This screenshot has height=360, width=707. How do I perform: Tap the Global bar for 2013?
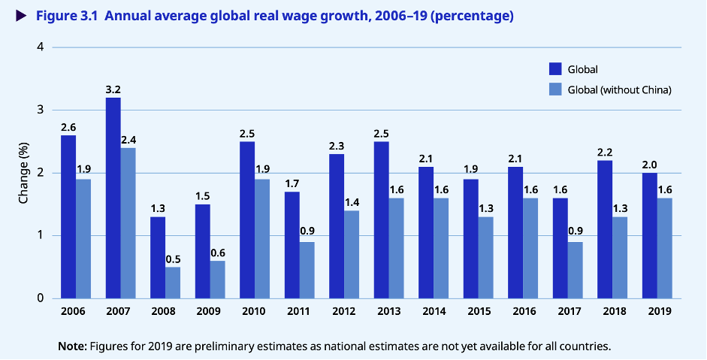click(x=382, y=219)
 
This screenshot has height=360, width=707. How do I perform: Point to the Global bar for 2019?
click(x=650, y=235)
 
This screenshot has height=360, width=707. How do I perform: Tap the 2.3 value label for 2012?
click(x=337, y=147)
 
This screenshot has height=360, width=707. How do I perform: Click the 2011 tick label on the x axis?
click(x=299, y=311)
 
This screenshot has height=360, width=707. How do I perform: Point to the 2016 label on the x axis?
click(x=523, y=311)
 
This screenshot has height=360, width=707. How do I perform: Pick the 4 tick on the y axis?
click(x=40, y=47)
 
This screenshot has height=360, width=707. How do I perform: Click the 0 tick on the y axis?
click(x=40, y=298)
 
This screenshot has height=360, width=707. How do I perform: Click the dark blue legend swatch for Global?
click(x=555, y=69)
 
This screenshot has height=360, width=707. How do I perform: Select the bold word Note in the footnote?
click(x=72, y=346)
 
